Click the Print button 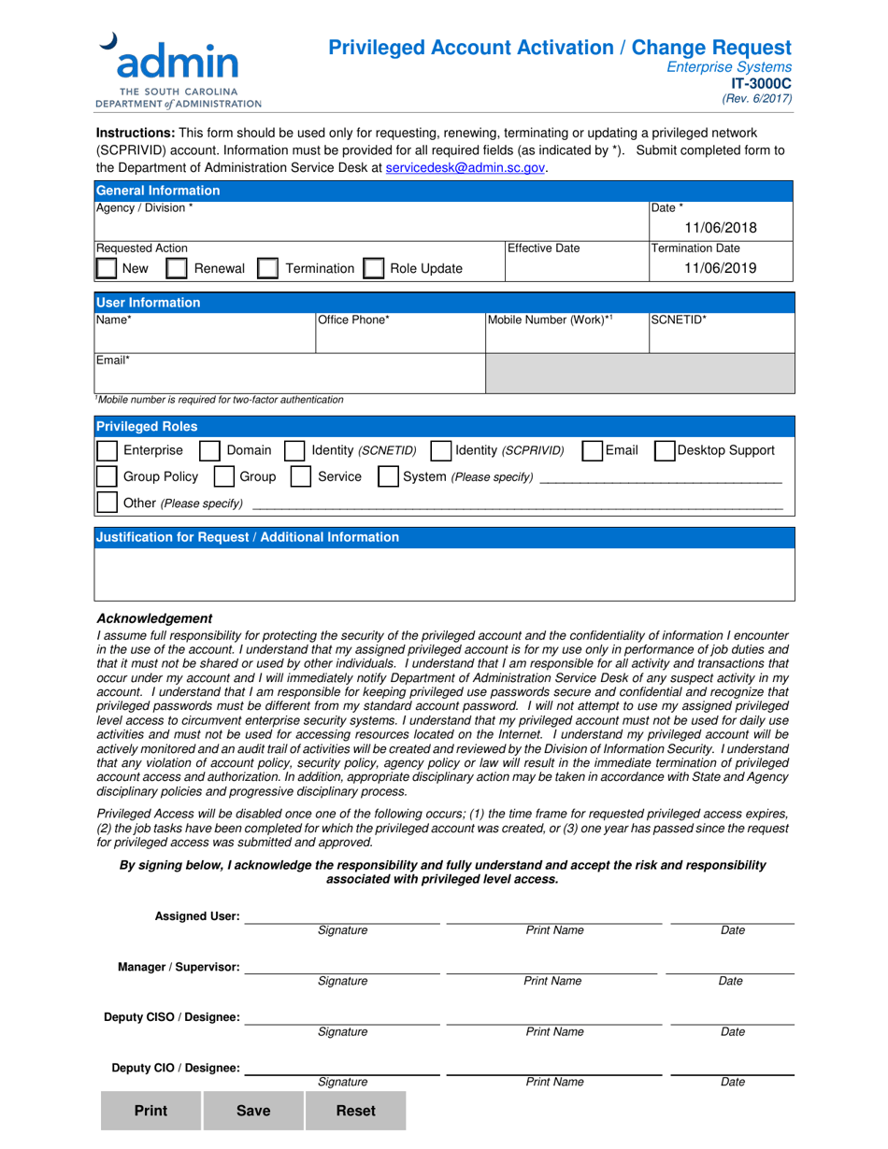[x=151, y=1111]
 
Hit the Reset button [x=355, y=1111]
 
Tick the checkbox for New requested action [x=107, y=269]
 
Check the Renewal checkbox [x=176, y=269]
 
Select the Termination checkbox [x=267, y=269]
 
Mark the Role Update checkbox [x=373, y=269]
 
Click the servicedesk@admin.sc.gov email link [x=465, y=168]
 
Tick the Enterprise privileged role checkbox [x=107, y=450]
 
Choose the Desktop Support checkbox [x=664, y=450]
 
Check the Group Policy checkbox [x=107, y=476]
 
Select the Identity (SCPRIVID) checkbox [x=441, y=450]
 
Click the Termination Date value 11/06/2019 [x=720, y=268]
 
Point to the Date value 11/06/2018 [x=720, y=228]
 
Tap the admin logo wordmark [x=177, y=63]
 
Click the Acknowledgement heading [x=154, y=618]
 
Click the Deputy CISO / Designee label [x=171, y=1017]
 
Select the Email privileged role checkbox [x=592, y=450]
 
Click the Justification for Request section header [x=248, y=537]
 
